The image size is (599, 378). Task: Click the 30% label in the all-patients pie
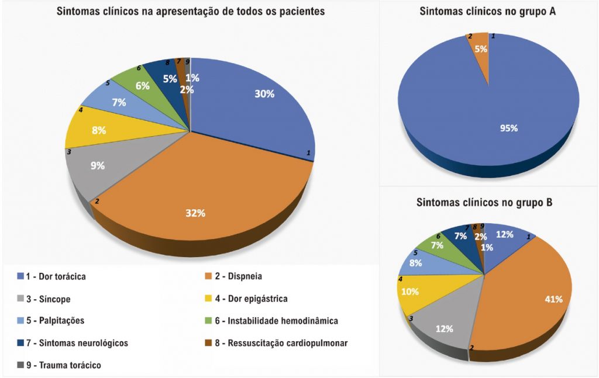(264, 94)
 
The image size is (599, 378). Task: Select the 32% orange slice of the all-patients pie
(196, 213)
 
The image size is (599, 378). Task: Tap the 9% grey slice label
(97, 165)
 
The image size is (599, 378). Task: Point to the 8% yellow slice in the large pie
(99, 130)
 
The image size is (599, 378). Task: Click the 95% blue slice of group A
(509, 128)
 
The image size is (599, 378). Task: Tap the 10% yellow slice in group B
(410, 292)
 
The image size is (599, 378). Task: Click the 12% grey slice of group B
(445, 328)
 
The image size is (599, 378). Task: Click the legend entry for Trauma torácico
(64, 365)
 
